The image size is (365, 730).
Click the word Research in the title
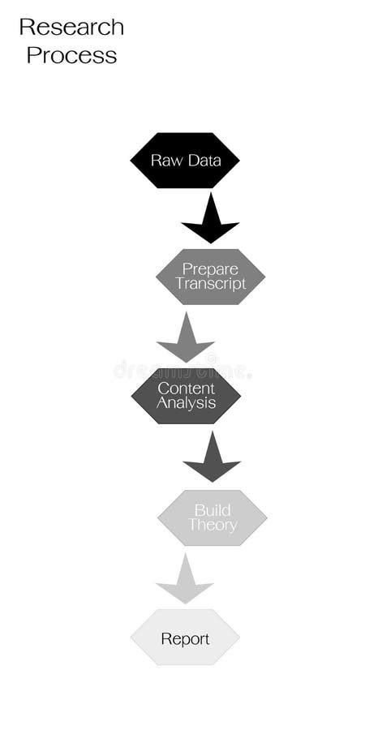(x=71, y=27)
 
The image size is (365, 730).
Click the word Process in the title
(x=71, y=55)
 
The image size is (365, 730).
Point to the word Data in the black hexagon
(x=204, y=161)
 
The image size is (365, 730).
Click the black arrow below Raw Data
(x=210, y=221)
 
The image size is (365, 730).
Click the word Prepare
(x=210, y=269)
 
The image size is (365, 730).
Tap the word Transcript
(x=210, y=284)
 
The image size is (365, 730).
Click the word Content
(x=186, y=389)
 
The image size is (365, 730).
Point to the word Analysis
(x=186, y=403)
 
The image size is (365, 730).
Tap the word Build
(x=212, y=510)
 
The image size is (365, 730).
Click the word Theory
(x=212, y=525)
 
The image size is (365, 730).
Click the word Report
(x=185, y=639)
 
